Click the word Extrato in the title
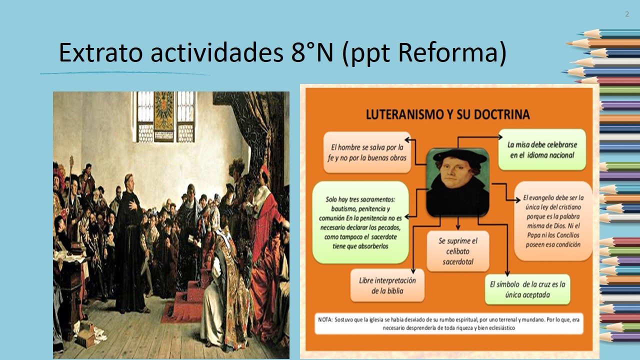pyautogui.click(x=100, y=52)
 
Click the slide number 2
pyautogui.click(x=627, y=14)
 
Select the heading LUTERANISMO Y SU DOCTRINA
pyautogui.click(x=447, y=114)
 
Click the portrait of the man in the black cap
pyautogui.click(x=457, y=182)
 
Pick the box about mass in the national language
pyautogui.click(x=542, y=149)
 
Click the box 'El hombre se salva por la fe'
pyautogui.click(x=367, y=152)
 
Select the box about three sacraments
pyautogui.click(x=360, y=222)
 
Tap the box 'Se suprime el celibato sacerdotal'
pyautogui.click(x=457, y=251)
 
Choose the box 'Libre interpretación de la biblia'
pyautogui.click(x=387, y=285)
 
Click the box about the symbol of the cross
pyautogui.click(x=527, y=289)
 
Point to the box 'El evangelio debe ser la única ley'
pyautogui.click(x=553, y=221)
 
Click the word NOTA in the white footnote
pyautogui.click(x=325, y=319)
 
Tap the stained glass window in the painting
pyautogui.click(x=164, y=116)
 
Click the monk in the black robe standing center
pyautogui.click(x=130, y=243)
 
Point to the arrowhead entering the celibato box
pyautogui.click(x=458, y=227)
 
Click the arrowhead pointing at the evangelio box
pyautogui.click(x=517, y=200)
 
